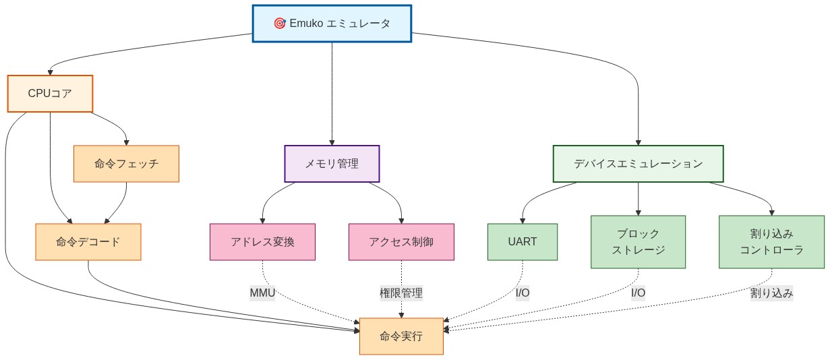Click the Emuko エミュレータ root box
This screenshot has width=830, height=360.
point(332,24)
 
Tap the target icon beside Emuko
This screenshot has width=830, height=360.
point(280,24)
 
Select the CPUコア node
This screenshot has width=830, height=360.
point(50,94)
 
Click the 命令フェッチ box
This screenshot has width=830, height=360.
point(126,164)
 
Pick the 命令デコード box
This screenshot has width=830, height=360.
point(88,242)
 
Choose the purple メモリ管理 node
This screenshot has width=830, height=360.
point(332,164)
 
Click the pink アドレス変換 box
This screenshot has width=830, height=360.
point(262,242)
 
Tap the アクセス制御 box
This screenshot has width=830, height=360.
point(401,242)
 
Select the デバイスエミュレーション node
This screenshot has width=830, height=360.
point(638,164)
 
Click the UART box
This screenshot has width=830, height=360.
point(523,242)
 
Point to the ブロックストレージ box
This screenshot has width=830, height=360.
point(638,242)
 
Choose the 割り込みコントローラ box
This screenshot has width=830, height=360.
point(771,242)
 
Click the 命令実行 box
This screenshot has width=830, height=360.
point(401,336)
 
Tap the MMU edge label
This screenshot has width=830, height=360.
point(262,293)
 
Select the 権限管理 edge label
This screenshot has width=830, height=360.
point(401,293)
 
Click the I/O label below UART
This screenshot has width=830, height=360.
point(523,293)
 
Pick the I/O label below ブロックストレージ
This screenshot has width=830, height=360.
point(638,293)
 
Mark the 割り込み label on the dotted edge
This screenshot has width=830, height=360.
point(771,293)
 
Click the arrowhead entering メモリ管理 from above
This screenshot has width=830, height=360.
point(332,142)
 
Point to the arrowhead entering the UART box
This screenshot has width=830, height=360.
point(523,220)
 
